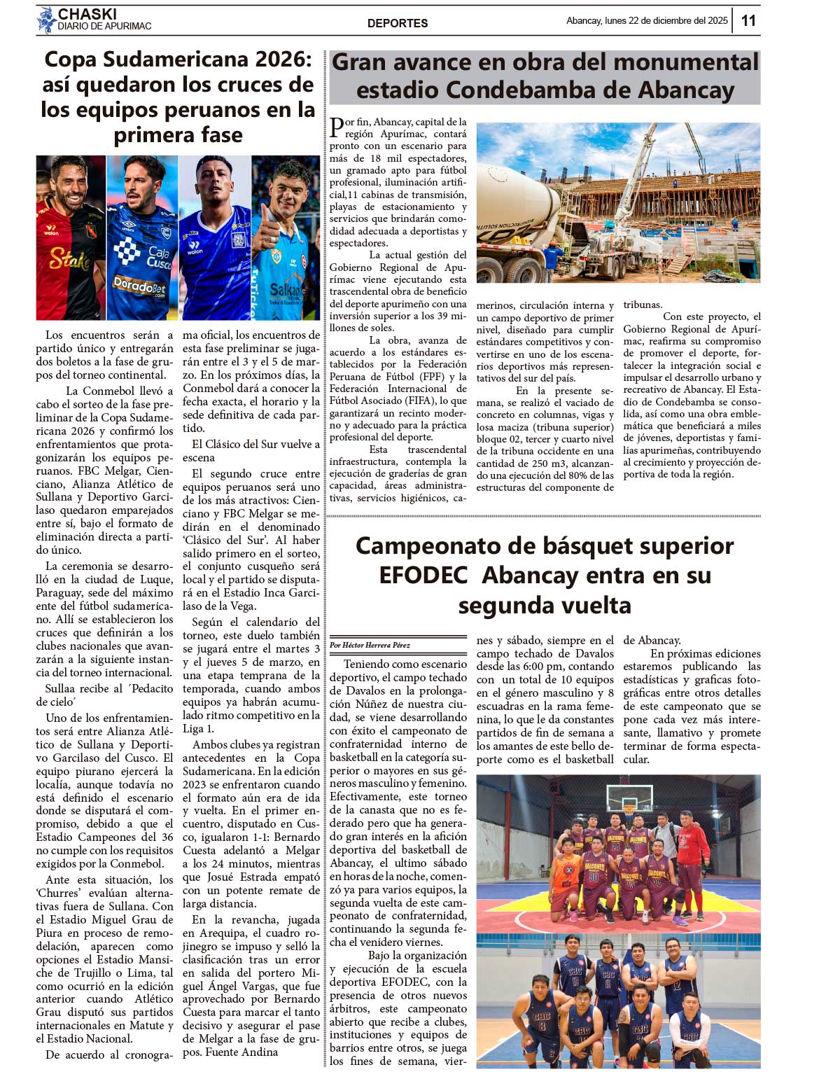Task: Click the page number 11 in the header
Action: [x=748, y=20]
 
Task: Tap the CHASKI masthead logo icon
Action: [x=46, y=20]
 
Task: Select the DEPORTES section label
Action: [x=398, y=23]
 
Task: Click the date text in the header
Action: [x=647, y=21]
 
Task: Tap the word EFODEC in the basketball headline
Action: [x=423, y=575]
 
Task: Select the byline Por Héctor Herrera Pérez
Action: [x=370, y=645]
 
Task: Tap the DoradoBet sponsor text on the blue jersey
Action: [x=139, y=286]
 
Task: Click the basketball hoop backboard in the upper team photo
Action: [x=625, y=798]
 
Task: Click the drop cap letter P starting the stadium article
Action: [x=337, y=128]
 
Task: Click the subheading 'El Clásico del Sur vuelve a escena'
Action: [x=251, y=450]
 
